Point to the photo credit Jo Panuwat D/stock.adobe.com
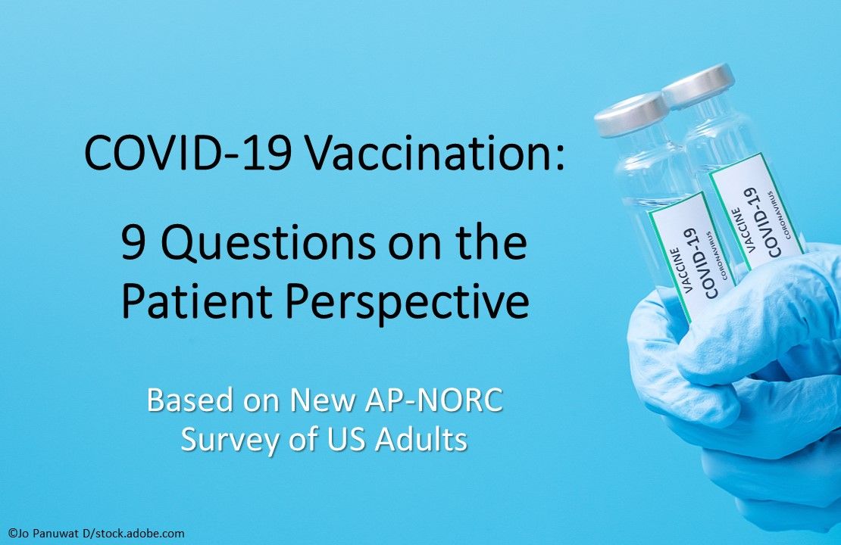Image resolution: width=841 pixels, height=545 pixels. click(93, 534)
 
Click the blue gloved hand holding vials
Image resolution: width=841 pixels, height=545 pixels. click(727, 378)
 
